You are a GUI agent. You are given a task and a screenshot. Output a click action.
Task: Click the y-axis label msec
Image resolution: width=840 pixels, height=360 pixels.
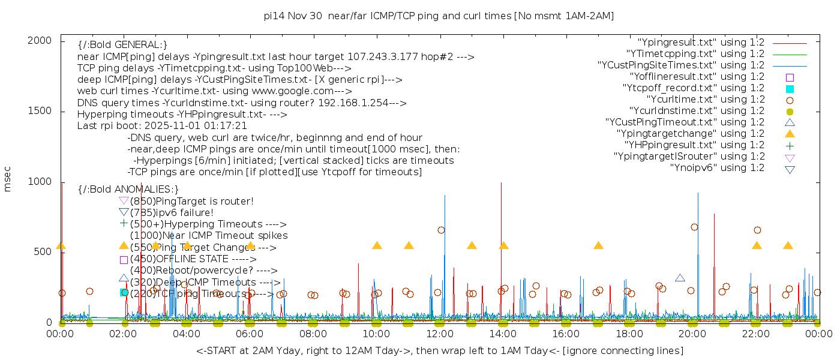coord(8,179)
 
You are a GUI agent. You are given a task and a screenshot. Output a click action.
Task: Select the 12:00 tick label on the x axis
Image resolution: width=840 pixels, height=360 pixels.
coord(440,334)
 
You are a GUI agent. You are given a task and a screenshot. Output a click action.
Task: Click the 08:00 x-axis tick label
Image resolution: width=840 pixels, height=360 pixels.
coord(313,334)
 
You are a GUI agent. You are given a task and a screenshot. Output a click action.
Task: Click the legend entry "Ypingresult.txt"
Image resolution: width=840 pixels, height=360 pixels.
coord(701,43)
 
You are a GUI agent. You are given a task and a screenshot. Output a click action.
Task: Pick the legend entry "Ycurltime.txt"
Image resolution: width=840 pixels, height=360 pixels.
coord(705,100)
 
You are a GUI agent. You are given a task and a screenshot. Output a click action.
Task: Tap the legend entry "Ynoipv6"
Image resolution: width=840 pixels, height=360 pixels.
coord(717,168)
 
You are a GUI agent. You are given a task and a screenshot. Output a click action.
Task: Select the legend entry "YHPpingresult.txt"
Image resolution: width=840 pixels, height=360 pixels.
coord(694,145)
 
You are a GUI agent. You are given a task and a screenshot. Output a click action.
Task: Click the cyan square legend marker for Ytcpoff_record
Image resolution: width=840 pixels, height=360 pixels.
coord(790,89)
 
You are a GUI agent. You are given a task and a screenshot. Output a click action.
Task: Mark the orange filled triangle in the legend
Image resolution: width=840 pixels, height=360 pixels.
coord(790,134)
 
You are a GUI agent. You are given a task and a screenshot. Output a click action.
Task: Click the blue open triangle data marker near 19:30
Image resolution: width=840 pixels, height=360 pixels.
coord(680,278)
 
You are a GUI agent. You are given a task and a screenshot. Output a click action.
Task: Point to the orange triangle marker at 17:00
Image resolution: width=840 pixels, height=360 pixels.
coord(598,245)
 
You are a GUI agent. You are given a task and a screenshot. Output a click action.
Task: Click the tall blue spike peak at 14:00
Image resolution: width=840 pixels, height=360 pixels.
coord(501,184)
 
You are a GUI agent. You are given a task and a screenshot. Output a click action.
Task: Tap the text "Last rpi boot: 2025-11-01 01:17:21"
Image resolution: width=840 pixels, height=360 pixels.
coord(162,126)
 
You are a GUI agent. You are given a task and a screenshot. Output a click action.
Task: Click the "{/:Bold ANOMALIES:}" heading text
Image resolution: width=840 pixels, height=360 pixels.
coord(128,189)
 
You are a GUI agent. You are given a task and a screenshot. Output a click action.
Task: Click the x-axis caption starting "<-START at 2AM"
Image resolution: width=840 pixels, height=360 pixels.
coord(439,350)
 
